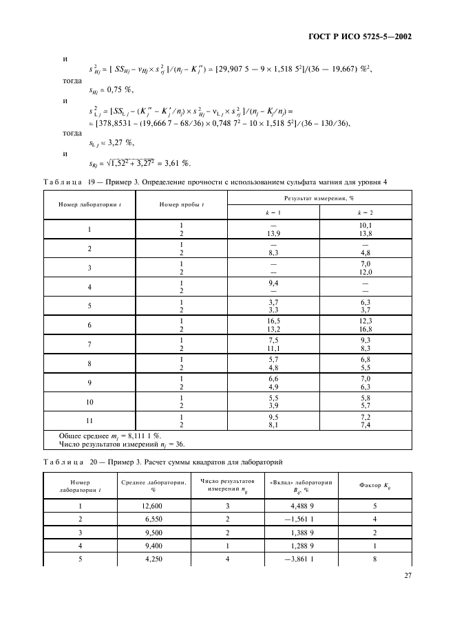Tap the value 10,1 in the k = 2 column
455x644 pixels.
366,225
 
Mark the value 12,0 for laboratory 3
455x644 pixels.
366,272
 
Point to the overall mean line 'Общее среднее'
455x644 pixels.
112,436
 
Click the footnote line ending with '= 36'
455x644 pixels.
124,444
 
